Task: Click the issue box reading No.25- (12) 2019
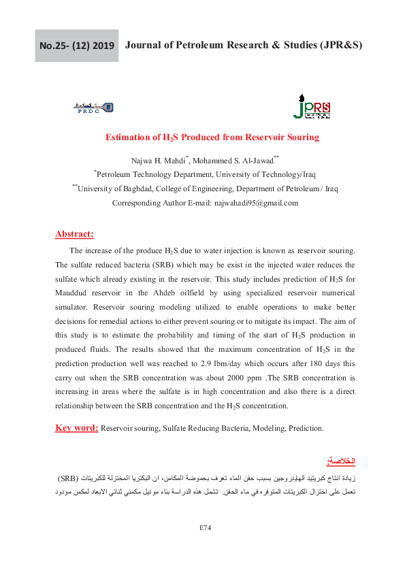pyautogui.click(x=77, y=46)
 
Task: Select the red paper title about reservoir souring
pyautogui.click(x=212, y=137)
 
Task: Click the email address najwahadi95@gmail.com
pyautogui.click(x=256, y=203)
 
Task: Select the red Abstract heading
pyautogui.click(x=74, y=234)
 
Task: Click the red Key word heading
pyautogui.click(x=76, y=428)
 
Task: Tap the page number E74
pyautogui.click(x=206, y=527)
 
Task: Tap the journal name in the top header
pyautogui.click(x=244, y=46)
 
